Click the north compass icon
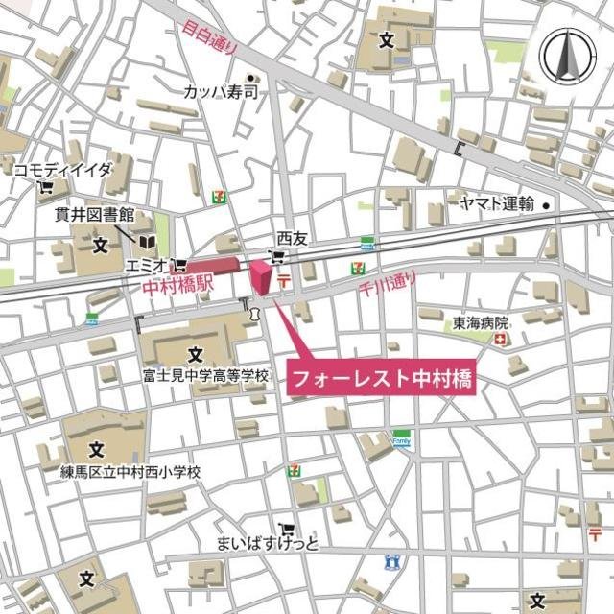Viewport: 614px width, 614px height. click(567, 56)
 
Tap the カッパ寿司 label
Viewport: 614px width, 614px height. click(223, 93)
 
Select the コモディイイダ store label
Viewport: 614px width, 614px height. click(62, 170)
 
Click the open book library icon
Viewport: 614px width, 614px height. click(149, 243)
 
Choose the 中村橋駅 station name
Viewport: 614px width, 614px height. click(172, 285)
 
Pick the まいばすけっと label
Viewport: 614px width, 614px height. click(267, 545)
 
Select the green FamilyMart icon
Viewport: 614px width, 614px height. click(401, 438)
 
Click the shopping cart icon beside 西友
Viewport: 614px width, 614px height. click(278, 256)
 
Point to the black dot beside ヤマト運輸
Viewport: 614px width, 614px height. click(546, 204)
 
